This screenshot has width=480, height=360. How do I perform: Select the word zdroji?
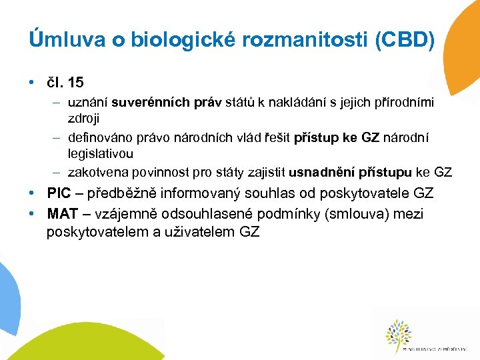click(83, 118)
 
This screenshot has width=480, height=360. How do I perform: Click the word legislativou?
click(101, 153)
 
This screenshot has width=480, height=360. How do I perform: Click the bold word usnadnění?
click(322, 173)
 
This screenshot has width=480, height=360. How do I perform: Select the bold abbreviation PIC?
click(59, 194)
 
